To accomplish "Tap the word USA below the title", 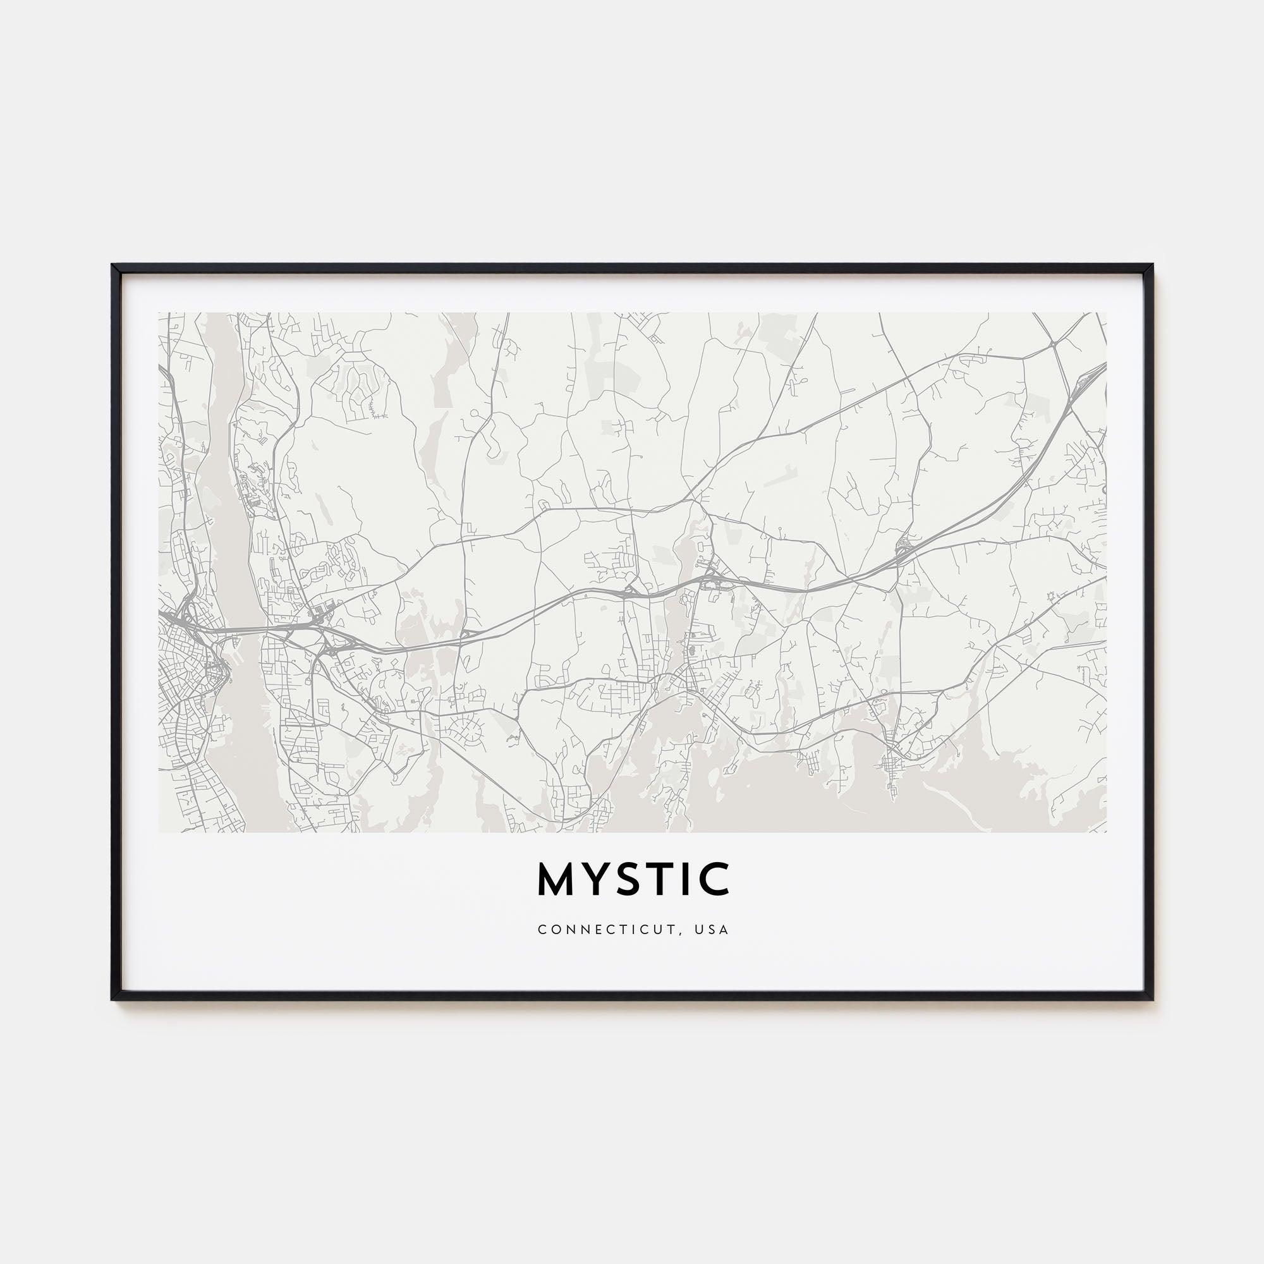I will pos(712,930).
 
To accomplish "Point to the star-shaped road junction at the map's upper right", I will pos(1054,342).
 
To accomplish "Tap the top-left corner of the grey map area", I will pos(159,313).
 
